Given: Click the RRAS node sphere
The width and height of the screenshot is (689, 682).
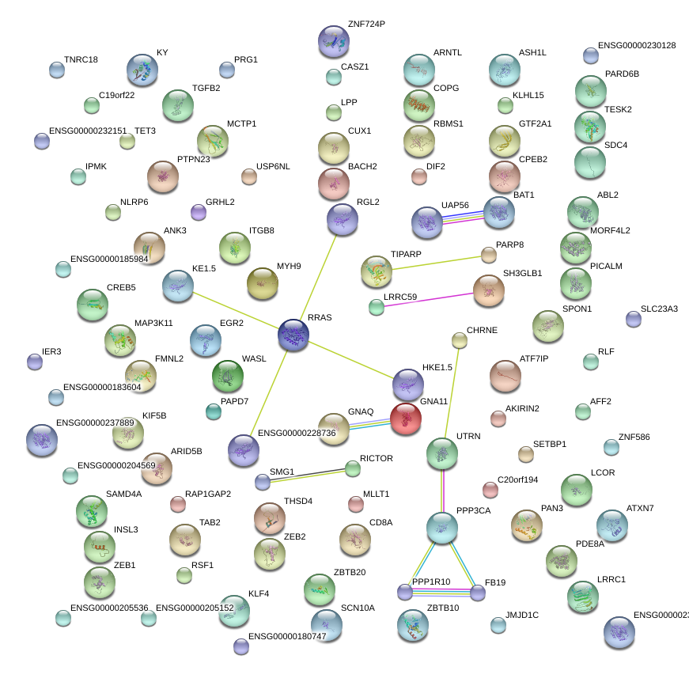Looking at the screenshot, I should pyautogui.click(x=293, y=335).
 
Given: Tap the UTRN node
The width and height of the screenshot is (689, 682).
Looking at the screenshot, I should pyautogui.click(x=442, y=453).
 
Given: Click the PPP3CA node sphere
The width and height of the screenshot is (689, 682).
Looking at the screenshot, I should pyautogui.click(x=442, y=527).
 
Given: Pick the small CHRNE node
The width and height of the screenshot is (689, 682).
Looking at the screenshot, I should pyautogui.click(x=460, y=340).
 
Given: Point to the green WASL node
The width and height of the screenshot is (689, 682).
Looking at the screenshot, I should pyautogui.click(x=228, y=377).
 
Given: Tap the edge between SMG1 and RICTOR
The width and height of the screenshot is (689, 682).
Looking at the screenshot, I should pyautogui.click(x=308, y=475).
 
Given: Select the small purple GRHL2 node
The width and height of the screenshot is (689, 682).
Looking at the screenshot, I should pyautogui.click(x=199, y=211).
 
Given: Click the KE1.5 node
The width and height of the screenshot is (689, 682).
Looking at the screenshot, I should pyautogui.click(x=177, y=286).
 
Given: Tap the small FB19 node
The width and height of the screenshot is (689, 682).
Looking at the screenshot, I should pyautogui.click(x=478, y=593).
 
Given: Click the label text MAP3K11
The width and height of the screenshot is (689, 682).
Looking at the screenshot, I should pyautogui.click(x=153, y=324).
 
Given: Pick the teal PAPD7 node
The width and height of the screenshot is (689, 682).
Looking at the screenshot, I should pyautogui.click(x=214, y=411).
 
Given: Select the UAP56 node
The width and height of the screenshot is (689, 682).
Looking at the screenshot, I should pyautogui.click(x=427, y=223).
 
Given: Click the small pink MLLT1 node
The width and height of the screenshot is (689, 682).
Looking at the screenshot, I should pyautogui.click(x=356, y=503).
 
